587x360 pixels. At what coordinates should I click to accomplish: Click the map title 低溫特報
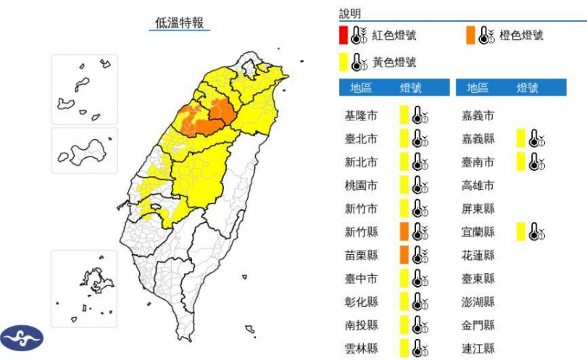click(x=181, y=22)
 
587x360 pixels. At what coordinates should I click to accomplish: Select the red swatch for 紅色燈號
click(x=344, y=35)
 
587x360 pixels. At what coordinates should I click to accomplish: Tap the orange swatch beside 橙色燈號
click(x=471, y=35)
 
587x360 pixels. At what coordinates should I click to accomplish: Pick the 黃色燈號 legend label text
click(x=394, y=62)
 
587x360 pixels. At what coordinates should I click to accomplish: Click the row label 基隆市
click(x=361, y=114)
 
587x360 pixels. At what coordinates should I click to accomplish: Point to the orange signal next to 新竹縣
click(x=404, y=231)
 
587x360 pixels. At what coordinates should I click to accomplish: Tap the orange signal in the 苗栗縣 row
click(x=404, y=254)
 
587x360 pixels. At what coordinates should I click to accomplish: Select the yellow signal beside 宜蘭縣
click(x=521, y=231)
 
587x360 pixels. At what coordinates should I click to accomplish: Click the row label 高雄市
click(x=478, y=185)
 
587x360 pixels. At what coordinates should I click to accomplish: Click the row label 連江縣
click(x=478, y=348)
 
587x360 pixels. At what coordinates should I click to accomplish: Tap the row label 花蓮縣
click(x=478, y=255)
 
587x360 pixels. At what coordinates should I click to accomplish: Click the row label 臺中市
click(x=361, y=278)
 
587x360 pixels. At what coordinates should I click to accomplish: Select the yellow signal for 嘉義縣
click(x=521, y=138)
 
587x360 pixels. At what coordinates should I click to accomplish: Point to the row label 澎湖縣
click(x=478, y=301)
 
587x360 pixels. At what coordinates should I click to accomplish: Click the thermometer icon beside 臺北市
click(x=419, y=138)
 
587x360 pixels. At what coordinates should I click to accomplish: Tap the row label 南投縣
click(x=361, y=325)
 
